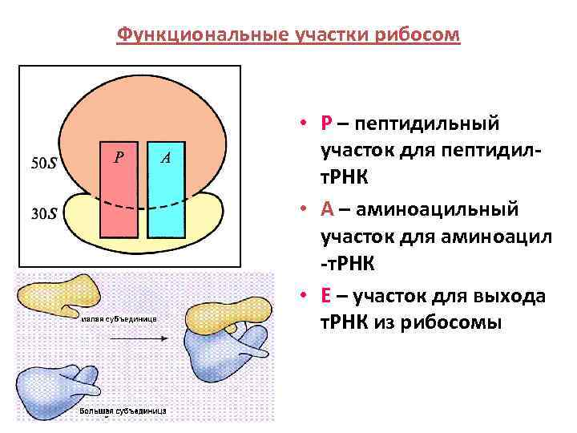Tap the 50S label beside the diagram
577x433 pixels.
coord(43,164)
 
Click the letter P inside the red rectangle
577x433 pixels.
coord(119,157)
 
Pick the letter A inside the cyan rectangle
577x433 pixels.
coord(165,157)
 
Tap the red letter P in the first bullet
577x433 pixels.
coord(325,124)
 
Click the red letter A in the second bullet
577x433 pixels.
coord(326,209)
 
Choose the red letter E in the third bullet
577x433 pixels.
coord(325,296)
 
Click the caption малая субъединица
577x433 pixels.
coord(119,319)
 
